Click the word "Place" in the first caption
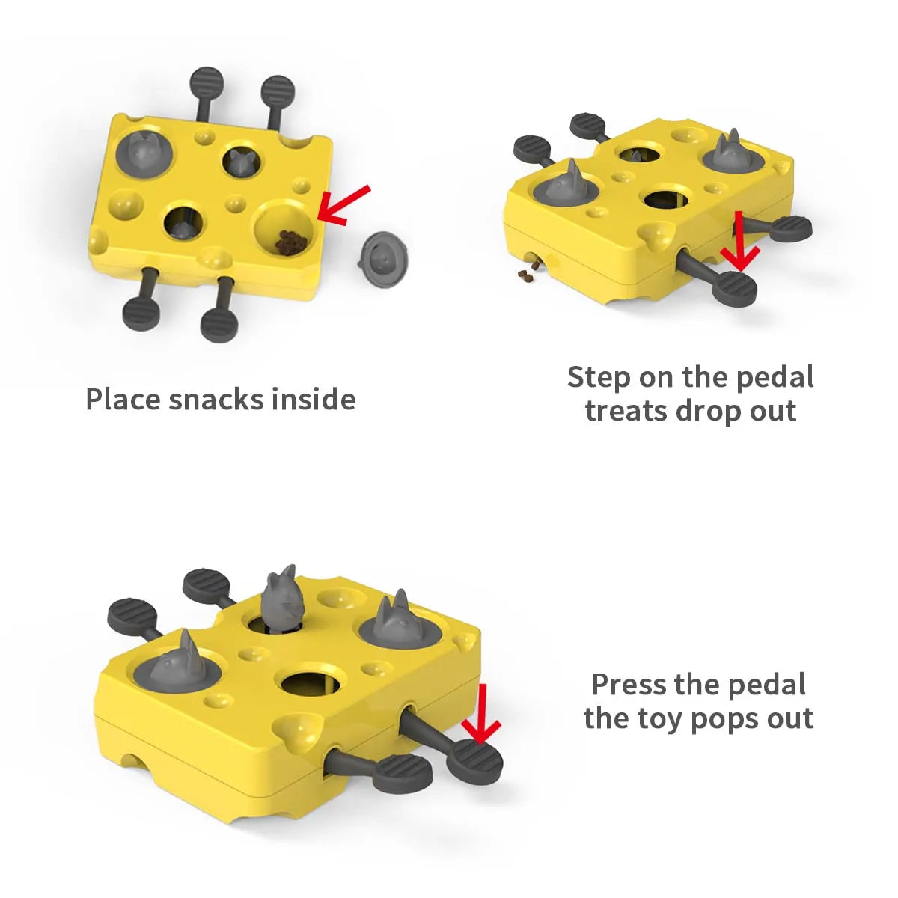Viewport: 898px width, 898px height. click(x=123, y=399)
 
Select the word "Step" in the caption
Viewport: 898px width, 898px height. click(x=599, y=377)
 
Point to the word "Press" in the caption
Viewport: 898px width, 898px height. click(x=629, y=684)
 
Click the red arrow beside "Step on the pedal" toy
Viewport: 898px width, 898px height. click(x=740, y=242)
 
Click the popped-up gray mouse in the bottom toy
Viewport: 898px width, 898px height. click(x=281, y=601)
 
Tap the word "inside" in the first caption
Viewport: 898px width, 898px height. click(x=314, y=399)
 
